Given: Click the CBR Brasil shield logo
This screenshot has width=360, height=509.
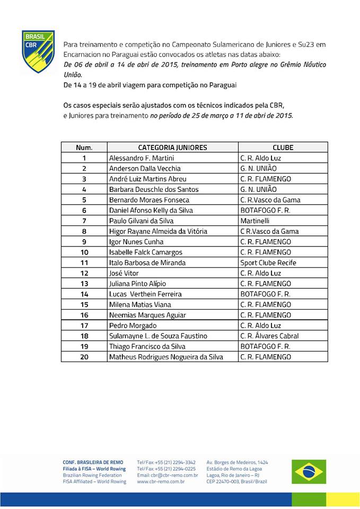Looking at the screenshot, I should (x=38, y=51).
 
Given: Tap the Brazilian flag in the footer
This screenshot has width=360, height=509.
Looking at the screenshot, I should (x=308, y=471).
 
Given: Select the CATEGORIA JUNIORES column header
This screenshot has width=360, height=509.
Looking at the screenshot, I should (x=172, y=147).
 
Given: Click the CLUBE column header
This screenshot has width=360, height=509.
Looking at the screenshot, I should (x=283, y=147).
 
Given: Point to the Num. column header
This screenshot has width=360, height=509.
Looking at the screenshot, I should (x=84, y=147).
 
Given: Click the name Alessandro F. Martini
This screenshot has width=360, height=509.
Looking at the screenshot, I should (x=141, y=158).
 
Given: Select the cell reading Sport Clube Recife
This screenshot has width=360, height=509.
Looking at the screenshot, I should (x=268, y=262).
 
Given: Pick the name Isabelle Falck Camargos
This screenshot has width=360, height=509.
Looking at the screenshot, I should (x=145, y=252).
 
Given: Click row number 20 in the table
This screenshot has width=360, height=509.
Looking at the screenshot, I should (x=84, y=357).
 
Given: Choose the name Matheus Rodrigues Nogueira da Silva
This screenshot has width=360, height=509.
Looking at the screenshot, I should (x=166, y=357).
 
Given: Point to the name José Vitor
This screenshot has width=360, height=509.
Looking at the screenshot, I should (x=124, y=273).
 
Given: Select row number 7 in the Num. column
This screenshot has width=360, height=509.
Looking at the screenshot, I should (x=84, y=221).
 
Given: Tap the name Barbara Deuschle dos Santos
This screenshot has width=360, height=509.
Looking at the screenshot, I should (x=153, y=189).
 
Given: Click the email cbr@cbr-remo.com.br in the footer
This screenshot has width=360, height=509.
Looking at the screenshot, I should (x=167, y=475).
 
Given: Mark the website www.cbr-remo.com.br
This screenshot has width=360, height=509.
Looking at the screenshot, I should (x=161, y=481).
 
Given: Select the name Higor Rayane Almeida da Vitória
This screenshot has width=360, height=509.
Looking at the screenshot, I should (x=158, y=231).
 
